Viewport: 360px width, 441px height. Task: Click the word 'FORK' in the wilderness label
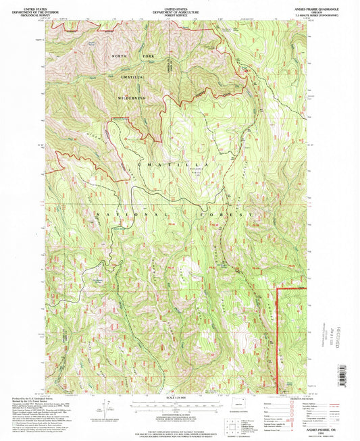tap(148, 64)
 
